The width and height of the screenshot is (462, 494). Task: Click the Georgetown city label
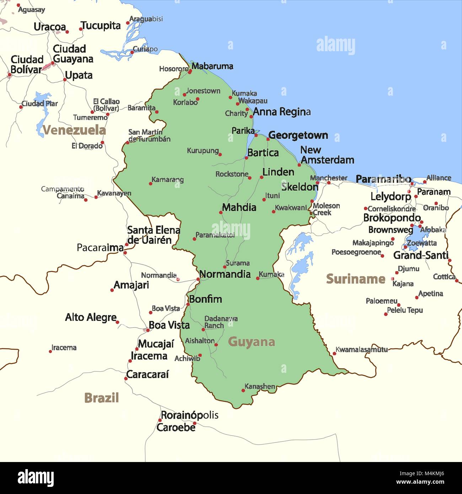tap(298, 135)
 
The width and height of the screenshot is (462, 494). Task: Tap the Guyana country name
tap(252, 342)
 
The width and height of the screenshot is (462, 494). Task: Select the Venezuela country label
tap(74, 130)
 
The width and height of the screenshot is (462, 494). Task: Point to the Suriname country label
tap(355, 279)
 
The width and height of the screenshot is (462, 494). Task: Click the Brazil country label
tap(101, 398)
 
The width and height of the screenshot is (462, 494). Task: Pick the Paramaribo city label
tap(383, 179)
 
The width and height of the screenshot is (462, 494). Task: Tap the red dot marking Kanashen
tap(243, 391)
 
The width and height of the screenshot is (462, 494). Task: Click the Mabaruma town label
tap(212, 66)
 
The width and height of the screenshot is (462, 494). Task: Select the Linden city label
tap(278, 172)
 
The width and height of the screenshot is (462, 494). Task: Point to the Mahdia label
tap(239, 207)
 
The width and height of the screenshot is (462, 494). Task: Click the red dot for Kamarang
tap(150, 184)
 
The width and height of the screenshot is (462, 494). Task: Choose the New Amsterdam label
tap(327, 155)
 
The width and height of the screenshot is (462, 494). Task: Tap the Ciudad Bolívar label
tap(27, 64)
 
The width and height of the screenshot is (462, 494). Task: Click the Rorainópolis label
tap(189, 415)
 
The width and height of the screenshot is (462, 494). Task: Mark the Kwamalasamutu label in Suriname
tap(361, 350)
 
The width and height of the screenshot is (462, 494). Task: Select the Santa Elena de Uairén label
tap(154, 235)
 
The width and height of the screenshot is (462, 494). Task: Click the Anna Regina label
tap(281, 112)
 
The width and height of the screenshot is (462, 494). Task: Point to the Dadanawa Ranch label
tap(220, 322)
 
